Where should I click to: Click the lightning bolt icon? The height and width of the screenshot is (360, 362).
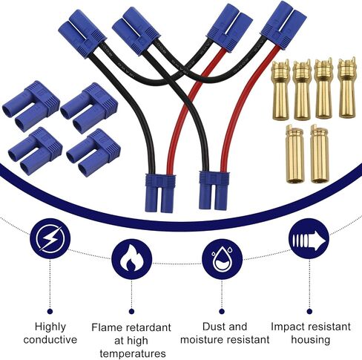50,238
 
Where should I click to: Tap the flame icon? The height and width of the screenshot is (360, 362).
131,259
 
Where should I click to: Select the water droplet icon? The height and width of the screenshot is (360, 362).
222,259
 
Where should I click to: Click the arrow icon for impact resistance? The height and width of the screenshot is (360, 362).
309,239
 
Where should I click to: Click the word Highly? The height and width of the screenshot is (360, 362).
50,327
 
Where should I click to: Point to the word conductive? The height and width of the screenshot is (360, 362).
50,339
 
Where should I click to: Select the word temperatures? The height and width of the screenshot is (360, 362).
133,353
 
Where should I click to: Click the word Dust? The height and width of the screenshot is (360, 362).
213,327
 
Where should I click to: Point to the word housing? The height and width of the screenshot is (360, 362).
311,339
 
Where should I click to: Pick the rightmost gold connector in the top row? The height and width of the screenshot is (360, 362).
347,88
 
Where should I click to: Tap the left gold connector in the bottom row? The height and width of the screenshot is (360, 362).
295,154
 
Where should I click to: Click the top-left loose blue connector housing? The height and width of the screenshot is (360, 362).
31,106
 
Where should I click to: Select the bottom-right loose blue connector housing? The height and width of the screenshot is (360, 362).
93,152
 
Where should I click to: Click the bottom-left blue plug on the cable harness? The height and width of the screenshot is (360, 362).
160,193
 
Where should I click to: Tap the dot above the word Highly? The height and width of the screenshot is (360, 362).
50,311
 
